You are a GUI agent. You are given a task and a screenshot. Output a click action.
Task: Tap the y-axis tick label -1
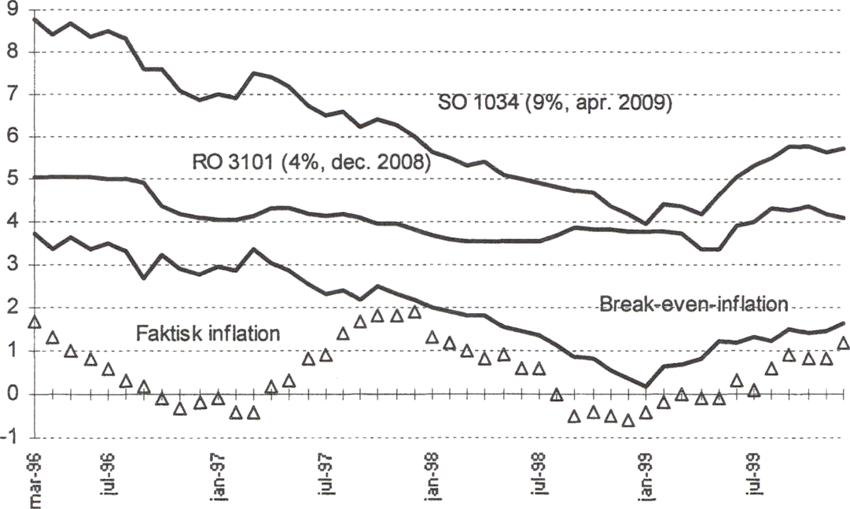coord(10,437)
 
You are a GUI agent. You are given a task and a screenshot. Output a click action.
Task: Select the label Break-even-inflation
coord(694,304)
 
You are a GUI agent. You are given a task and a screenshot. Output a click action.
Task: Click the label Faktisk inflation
coord(208,333)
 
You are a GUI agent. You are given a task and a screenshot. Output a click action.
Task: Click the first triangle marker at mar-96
coord(35,322)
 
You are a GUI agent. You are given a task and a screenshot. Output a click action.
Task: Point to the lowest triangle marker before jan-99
coord(628,421)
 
